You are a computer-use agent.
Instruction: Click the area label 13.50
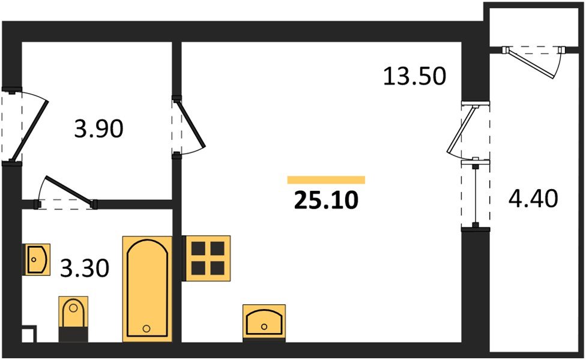pyautogui.click(x=414, y=76)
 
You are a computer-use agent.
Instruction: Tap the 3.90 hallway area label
pyautogui.click(x=98, y=128)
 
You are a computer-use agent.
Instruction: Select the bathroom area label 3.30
pyautogui.click(x=85, y=268)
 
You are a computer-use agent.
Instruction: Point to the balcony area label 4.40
pyautogui.click(x=533, y=198)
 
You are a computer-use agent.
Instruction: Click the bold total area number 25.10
pyautogui.click(x=326, y=200)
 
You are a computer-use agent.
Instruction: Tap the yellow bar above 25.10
pyautogui.click(x=326, y=180)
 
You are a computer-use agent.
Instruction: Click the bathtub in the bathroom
pyautogui.click(x=147, y=289)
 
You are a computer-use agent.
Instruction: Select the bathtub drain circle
pyautogui.click(x=146, y=329)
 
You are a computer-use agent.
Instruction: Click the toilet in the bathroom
pyautogui.click(x=73, y=319)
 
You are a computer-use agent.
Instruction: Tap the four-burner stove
pyautogui.click(x=206, y=259)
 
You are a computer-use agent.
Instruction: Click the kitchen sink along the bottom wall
pyautogui.click(x=264, y=323)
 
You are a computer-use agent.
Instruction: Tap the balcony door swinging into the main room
pyautogui.click(x=461, y=130)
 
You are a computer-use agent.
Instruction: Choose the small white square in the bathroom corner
pyautogui.click(x=29, y=335)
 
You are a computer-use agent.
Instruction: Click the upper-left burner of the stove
pyautogui.click(x=198, y=248)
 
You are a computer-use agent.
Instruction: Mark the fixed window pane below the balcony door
pyautogui.click(x=476, y=194)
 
